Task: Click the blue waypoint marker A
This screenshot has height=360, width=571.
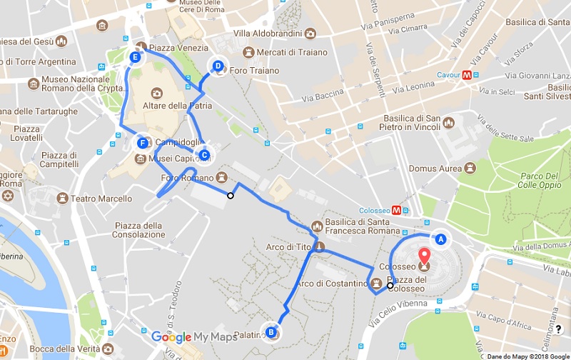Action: pos(440,240)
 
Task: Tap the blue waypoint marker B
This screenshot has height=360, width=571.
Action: pos(271,331)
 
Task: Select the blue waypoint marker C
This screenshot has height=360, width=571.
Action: pos(204,154)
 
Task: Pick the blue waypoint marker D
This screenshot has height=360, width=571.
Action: pos(218,67)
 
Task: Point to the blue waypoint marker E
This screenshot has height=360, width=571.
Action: pos(135,57)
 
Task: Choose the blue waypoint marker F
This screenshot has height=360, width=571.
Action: pos(143,143)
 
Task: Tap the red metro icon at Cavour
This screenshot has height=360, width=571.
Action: pos(466,74)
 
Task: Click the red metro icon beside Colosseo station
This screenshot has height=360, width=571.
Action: pos(405,210)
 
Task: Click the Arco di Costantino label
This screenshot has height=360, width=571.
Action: pos(335,284)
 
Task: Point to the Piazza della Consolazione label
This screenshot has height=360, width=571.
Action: pos(138,230)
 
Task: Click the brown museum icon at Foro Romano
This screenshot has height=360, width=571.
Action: pos(222,177)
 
